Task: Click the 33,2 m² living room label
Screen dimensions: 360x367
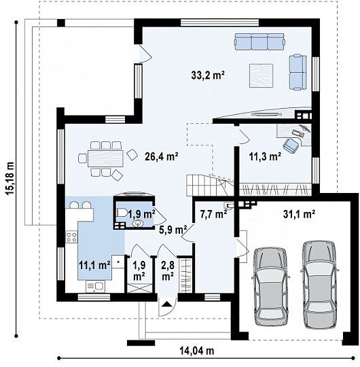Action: click(x=208, y=75)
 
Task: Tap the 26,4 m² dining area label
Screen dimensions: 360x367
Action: click(x=162, y=156)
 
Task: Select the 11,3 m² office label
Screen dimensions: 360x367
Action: click(x=265, y=156)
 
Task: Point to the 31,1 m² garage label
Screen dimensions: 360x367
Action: click(x=299, y=213)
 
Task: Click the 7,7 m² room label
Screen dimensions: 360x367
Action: click(x=213, y=213)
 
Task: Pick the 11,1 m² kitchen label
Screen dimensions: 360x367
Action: click(x=94, y=265)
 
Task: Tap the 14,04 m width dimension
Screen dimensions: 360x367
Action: click(x=197, y=351)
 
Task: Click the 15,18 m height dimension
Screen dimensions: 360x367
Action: click(x=10, y=178)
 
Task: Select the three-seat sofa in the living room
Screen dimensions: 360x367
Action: click(x=259, y=41)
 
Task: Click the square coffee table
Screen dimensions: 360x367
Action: click(x=261, y=75)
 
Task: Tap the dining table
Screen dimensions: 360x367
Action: click(x=105, y=158)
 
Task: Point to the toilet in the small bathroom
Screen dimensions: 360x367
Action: click(x=122, y=213)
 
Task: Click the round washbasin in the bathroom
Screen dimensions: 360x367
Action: click(x=137, y=224)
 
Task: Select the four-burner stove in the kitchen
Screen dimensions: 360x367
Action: click(x=71, y=237)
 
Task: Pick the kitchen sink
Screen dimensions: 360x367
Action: click(x=96, y=286)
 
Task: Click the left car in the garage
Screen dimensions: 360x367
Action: click(x=271, y=287)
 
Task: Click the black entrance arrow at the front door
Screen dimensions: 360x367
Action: click(x=166, y=304)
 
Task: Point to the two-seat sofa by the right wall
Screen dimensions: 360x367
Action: click(x=298, y=72)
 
